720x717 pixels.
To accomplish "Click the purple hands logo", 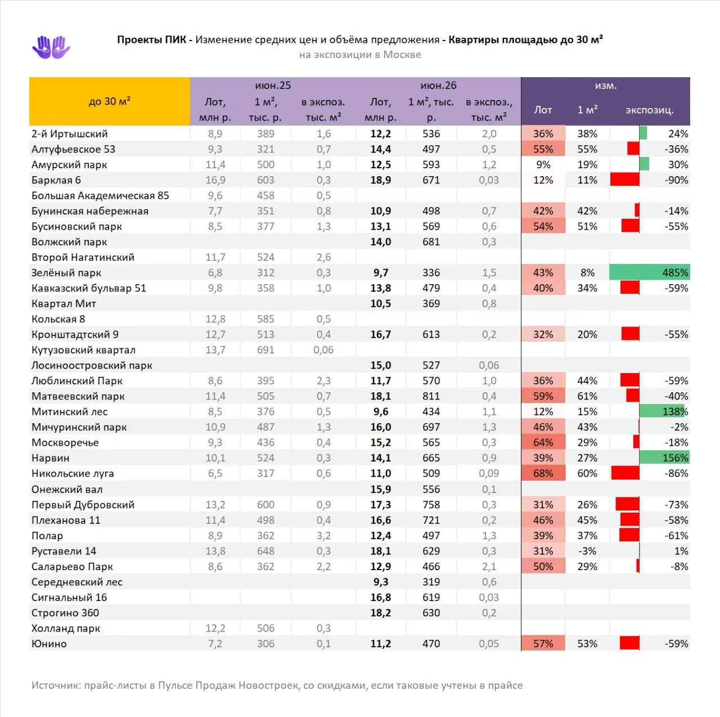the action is click(51, 47).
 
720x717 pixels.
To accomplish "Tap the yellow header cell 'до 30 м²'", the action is click(110, 101).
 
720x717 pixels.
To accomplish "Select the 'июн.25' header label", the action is click(273, 85).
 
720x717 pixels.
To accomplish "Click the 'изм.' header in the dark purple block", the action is click(606, 86).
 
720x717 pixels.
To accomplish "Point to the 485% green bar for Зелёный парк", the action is click(649, 272).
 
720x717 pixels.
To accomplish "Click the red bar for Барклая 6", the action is click(625, 180).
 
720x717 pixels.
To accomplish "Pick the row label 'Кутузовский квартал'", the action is click(83, 350).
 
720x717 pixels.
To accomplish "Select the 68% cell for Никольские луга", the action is click(543, 473).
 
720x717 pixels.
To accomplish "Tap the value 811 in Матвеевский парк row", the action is click(431, 396).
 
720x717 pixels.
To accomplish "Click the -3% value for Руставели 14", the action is click(587, 551).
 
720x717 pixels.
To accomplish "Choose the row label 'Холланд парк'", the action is click(66, 628).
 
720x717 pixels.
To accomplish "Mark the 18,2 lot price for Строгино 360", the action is click(380, 613).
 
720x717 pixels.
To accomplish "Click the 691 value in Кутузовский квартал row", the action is click(265, 349).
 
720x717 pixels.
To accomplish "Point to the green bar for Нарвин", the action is click(665, 458).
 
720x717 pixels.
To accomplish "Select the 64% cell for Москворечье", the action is click(543, 442).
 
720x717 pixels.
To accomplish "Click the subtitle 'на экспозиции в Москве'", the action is click(360, 55).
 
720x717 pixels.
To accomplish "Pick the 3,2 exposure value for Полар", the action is click(323, 535).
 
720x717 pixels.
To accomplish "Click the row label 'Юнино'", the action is click(49, 643).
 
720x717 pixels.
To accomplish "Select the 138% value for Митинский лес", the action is click(675, 411).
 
